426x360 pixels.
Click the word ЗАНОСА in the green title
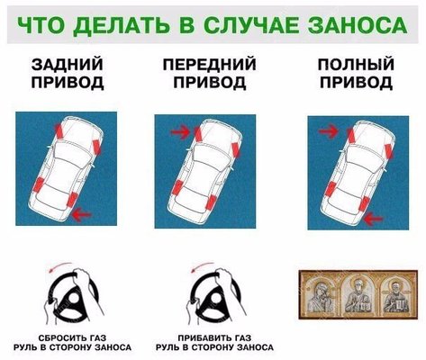point(358,24)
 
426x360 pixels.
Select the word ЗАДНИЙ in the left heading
point(68,65)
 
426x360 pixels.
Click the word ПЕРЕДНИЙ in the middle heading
point(210,65)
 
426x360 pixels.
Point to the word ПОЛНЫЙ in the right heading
point(356,65)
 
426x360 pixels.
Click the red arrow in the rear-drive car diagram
point(82,214)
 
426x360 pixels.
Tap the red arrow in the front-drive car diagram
point(180,131)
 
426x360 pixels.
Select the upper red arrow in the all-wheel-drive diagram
point(329,130)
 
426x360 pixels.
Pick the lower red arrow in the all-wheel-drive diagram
point(373,219)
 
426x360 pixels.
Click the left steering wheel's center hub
point(73,300)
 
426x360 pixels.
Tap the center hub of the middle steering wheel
point(215,301)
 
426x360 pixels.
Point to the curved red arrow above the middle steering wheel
point(201,266)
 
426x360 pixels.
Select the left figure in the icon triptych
point(321,296)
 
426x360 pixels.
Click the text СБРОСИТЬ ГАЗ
point(72,338)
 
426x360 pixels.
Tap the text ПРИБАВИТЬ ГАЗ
point(214,338)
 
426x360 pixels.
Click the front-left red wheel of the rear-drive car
point(59,130)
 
